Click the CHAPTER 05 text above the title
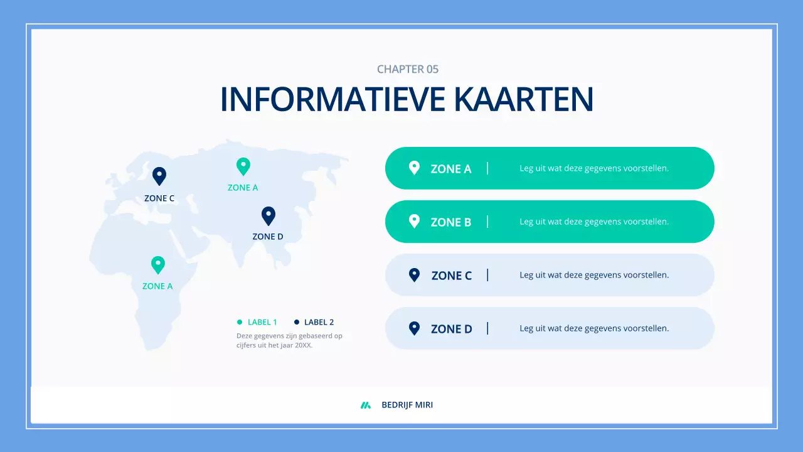[408, 69]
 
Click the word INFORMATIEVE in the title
[333, 99]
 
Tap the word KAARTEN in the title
[523, 99]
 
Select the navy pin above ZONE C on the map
[159, 176]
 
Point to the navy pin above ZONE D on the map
[269, 215]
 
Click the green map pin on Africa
[158, 264]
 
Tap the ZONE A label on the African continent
[157, 286]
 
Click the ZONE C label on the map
[159, 198]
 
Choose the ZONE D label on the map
[268, 237]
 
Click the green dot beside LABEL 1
[240, 322]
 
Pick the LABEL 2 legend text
[319, 322]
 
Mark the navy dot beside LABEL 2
[297, 322]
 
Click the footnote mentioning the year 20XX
[289, 340]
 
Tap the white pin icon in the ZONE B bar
[414, 221]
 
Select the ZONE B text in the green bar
[450, 222]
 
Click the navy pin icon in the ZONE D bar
[414, 328]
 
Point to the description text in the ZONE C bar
[594, 275]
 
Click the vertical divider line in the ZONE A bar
[487, 168]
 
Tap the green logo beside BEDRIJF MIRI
[366, 405]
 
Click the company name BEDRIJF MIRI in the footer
[407, 405]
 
